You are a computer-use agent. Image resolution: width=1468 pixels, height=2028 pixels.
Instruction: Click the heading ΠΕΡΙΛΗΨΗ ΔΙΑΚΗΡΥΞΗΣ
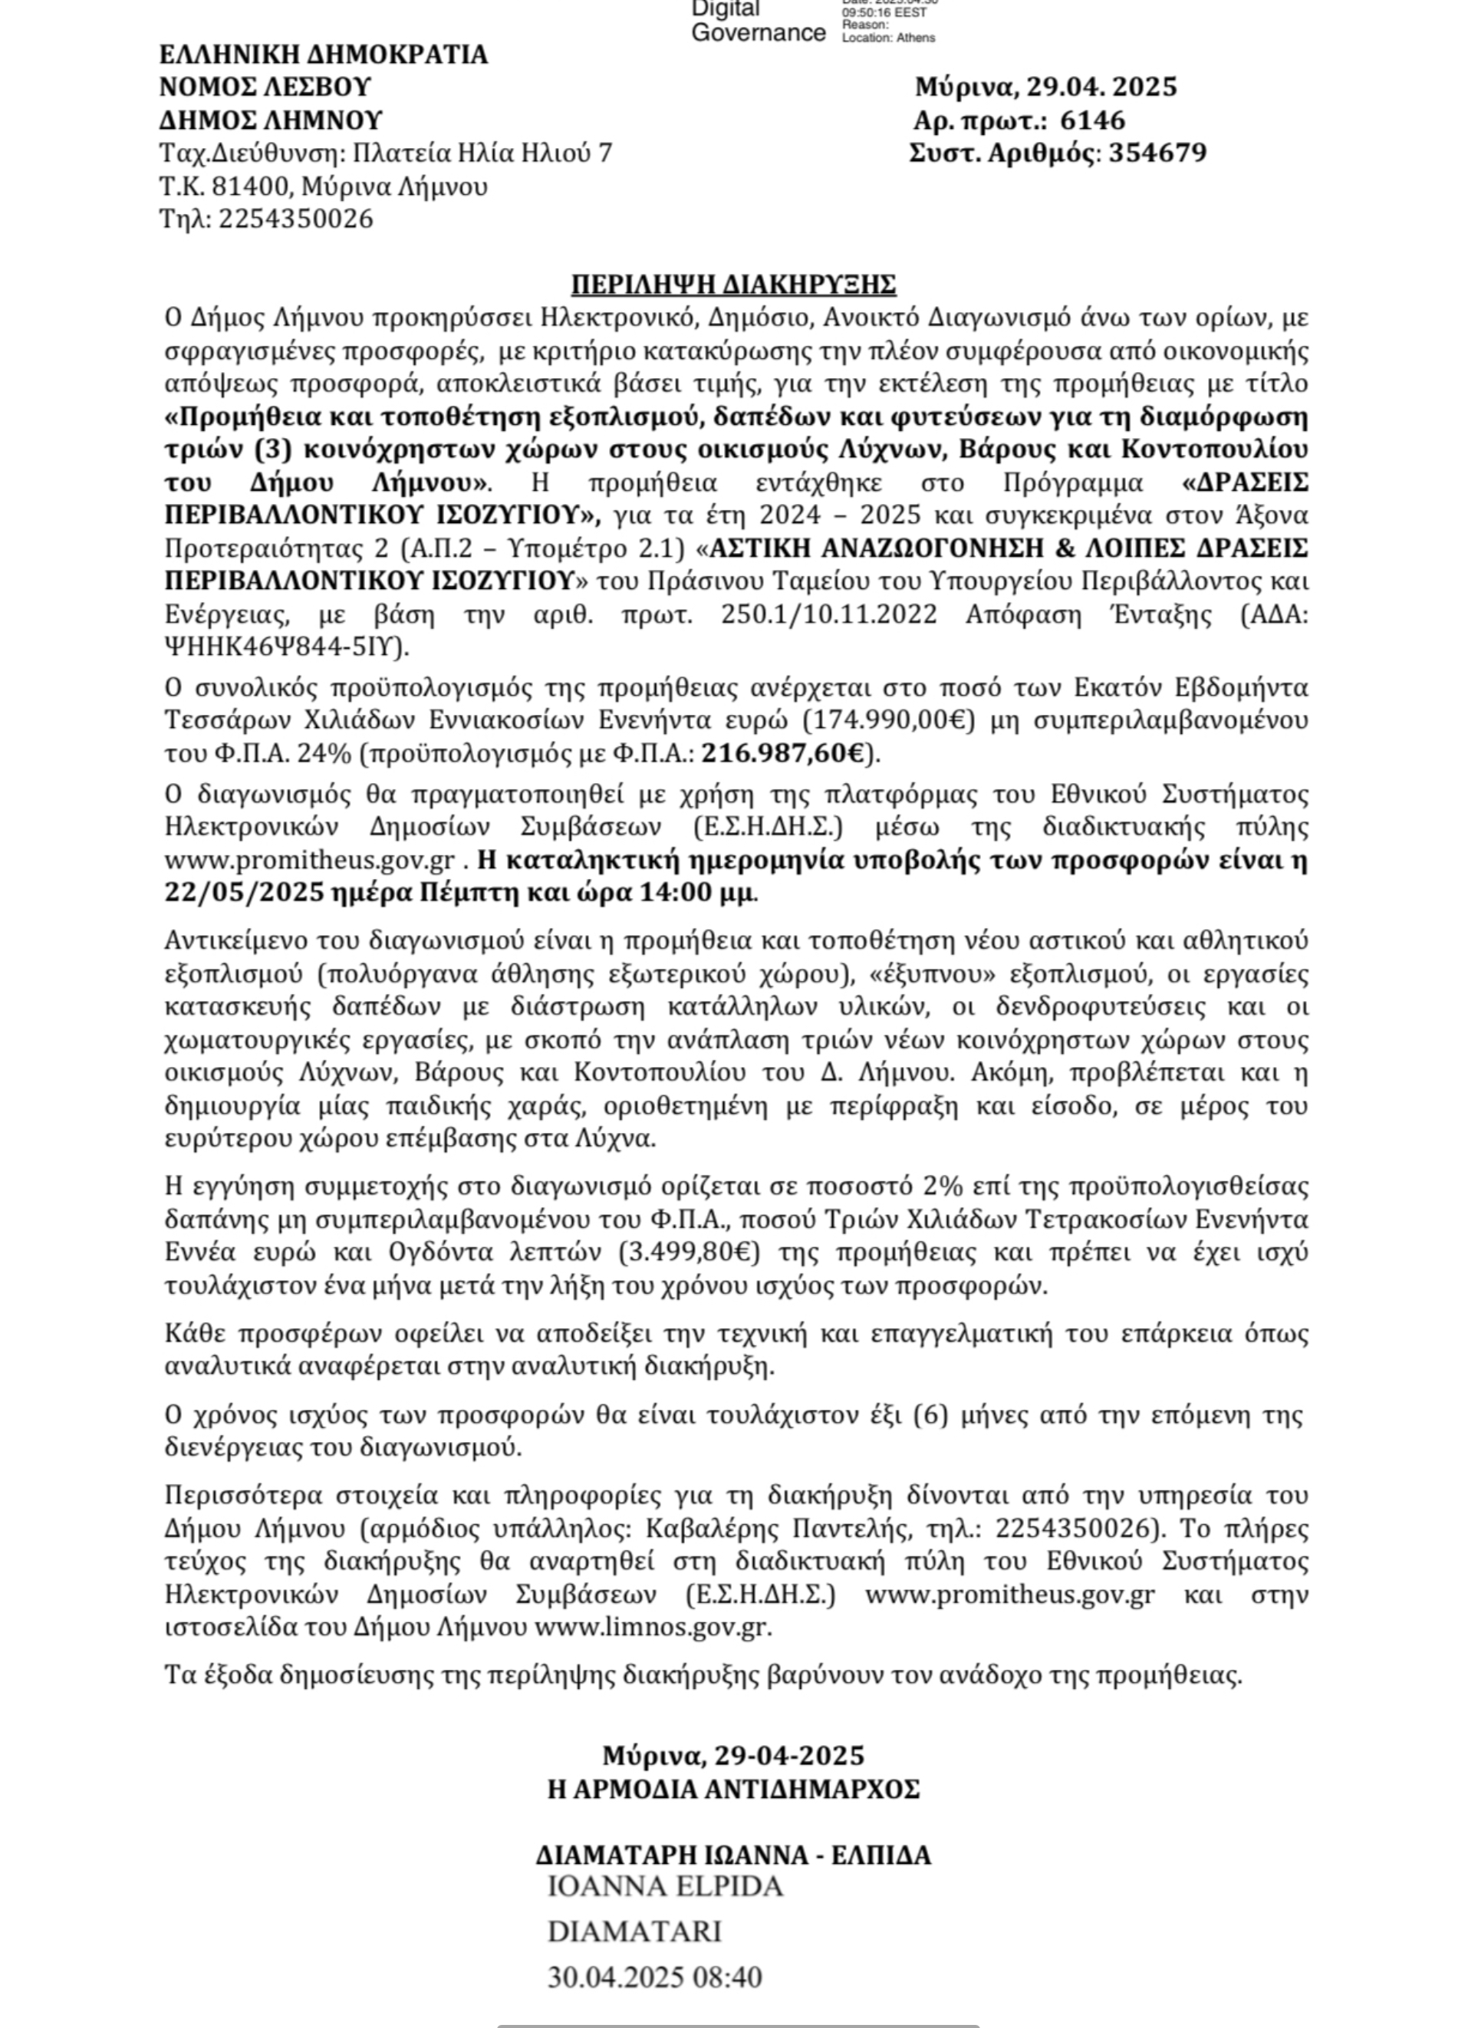[733, 285]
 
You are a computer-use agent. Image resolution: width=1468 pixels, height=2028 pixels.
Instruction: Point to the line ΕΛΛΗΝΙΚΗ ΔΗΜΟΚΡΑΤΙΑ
[324, 54]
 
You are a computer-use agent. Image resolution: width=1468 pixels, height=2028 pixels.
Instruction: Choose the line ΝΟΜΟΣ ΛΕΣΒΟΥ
[265, 87]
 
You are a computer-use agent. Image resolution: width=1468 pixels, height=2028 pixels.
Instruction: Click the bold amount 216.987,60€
[783, 754]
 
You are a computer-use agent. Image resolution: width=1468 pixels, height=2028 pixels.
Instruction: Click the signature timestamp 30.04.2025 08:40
[653, 1977]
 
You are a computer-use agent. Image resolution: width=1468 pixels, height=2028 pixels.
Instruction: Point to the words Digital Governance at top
[758, 22]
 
